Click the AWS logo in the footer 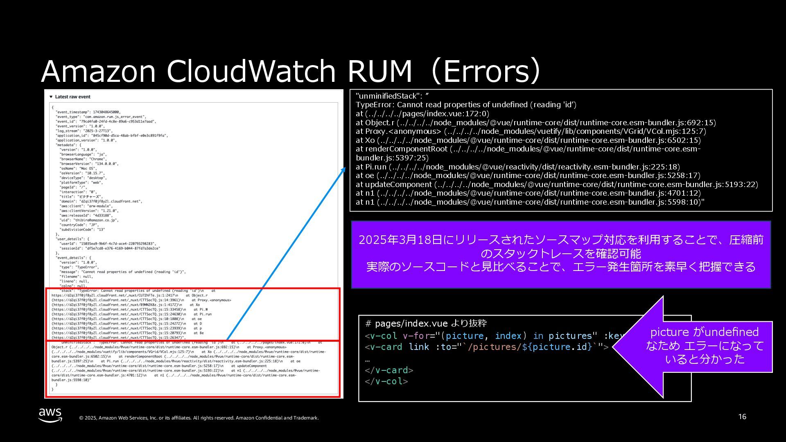(50, 415)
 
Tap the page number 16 (742, 417)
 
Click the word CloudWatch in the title (251, 71)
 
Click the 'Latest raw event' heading (72, 97)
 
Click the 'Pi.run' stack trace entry (375, 167)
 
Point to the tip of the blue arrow (345, 168)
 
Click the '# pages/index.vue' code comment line (426, 324)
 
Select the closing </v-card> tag (389, 370)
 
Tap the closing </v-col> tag (386, 381)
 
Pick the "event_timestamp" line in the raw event (88, 112)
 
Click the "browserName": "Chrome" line (83, 159)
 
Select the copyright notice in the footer (199, 418)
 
